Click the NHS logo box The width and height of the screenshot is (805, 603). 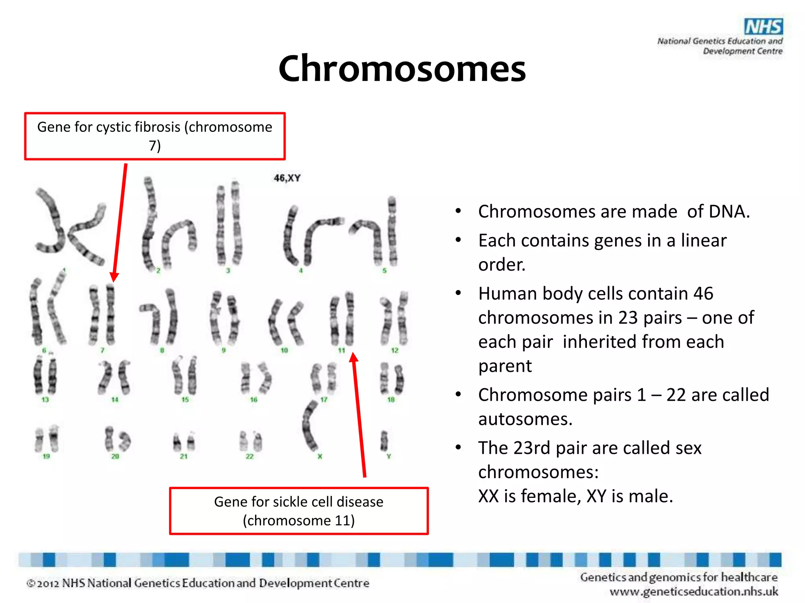(x=763, y=27)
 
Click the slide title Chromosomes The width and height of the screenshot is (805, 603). (x=402, y=68)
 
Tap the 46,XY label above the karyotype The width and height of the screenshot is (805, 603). (x=287, y=178)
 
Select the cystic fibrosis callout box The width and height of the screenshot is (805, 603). (x=155, y=136)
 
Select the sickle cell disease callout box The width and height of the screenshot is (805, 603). (x=299, y=511)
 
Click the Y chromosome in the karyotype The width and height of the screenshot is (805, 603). (x=384, y=440)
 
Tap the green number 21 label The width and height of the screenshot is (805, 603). (x=184, y=456)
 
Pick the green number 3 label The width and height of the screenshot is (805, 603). (x=228, y=270)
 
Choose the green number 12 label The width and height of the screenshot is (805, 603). (x=395, y=350)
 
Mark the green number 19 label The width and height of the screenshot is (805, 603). (x=46, y=456)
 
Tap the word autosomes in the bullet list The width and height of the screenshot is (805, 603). (x=525, y=419)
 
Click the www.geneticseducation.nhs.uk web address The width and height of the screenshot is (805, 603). (x=694, y=591)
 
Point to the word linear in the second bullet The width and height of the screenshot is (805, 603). (x=704, y=241)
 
